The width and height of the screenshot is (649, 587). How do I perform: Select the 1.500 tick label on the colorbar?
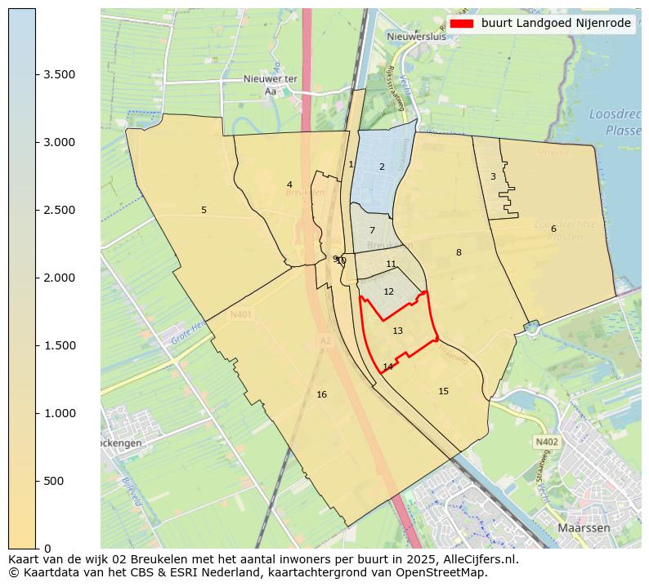pyautogui.click(x=60, y=345)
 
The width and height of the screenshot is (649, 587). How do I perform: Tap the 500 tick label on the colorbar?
pyautogui.click(x=54, y=481)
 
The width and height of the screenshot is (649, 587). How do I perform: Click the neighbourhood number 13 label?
pyautogui.click(x=397, y=331)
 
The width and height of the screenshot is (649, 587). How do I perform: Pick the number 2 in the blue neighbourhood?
pyautogui.click(x=381, y=167)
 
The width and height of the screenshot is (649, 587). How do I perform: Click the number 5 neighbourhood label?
pyautogui.click(x=204, y=210)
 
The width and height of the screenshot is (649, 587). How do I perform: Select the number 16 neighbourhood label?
pyautogui.click(x=321, y=394)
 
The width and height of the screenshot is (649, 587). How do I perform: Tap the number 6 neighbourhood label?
pyautogui.click(x=553, y=229)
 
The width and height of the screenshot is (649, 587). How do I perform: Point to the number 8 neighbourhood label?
pyautogui.click(x=459, y=252)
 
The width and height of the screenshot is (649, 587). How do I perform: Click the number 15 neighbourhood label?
pyautogui.click(x=443, y=391)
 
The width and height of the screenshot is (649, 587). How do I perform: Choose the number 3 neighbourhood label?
pyautogui.click(x=493, y=176)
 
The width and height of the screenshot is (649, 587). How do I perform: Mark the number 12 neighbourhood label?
pyautogui.click(x=388, y=291)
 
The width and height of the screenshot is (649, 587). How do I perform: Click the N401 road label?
pyautogui.click(x=241, y=314)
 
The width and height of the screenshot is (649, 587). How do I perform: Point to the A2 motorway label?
pyautogui.click(x=325, y=340)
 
